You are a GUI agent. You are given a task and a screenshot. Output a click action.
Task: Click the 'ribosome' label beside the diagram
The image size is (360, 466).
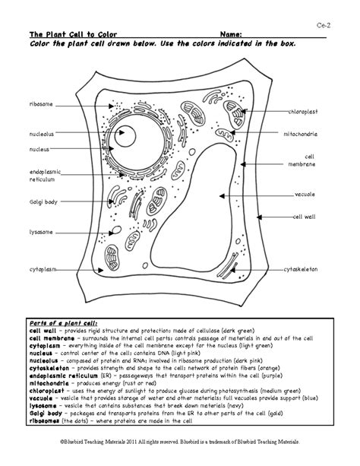coord(41,102)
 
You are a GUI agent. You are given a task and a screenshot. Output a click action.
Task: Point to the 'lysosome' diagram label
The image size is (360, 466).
coord(41,231)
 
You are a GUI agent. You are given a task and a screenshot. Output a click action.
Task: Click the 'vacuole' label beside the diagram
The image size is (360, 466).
coord(305,194)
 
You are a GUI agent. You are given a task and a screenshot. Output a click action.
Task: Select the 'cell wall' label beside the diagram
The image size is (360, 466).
coord(305,217)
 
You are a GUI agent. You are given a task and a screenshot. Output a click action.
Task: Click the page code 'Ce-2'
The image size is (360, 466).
coord(324,24)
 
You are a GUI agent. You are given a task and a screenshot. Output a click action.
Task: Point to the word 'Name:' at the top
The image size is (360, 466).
coord(232,35)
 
